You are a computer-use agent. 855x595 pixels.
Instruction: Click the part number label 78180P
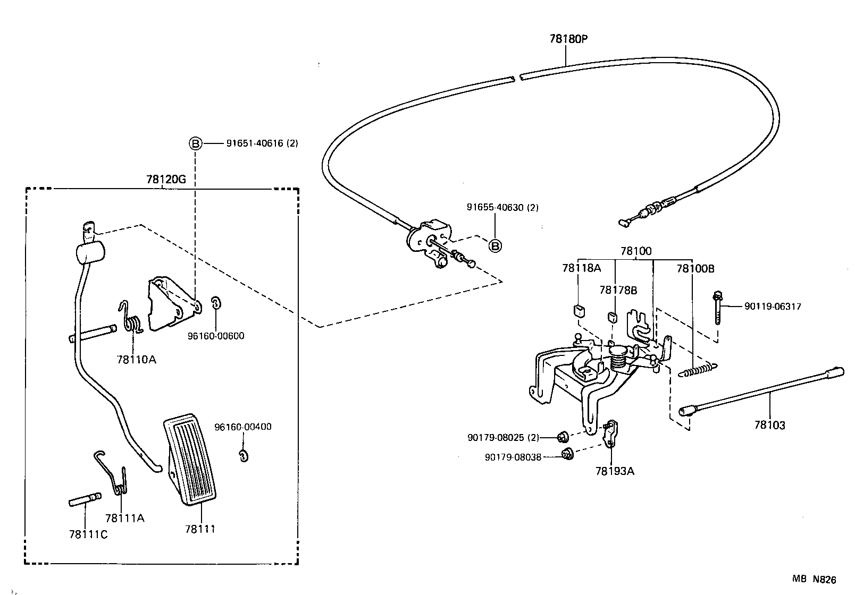coord(568,39)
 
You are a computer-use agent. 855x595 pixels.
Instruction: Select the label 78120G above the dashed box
coord(166,179)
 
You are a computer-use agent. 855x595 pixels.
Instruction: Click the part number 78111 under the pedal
coord(200,529)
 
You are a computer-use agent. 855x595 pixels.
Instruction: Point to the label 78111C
coord(88,534)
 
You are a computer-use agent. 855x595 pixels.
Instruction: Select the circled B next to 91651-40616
coord(196,143)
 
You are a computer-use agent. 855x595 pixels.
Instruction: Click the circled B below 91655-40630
coord(495,246)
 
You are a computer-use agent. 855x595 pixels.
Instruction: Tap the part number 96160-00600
coord(216,336)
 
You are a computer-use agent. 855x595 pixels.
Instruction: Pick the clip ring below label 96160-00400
coord(243,455)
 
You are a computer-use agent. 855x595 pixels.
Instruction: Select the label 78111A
coord(125,518)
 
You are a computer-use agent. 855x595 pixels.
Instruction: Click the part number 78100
coord(635,251)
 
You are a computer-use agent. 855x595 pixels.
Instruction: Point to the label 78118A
coord(581,268)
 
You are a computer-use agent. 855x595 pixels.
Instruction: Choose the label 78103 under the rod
coord(769,425)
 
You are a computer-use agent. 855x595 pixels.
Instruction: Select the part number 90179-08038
coord(513,456)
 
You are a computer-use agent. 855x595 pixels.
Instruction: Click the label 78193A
coord(615,471)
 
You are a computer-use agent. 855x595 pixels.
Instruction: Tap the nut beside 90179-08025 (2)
coord(561,437)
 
